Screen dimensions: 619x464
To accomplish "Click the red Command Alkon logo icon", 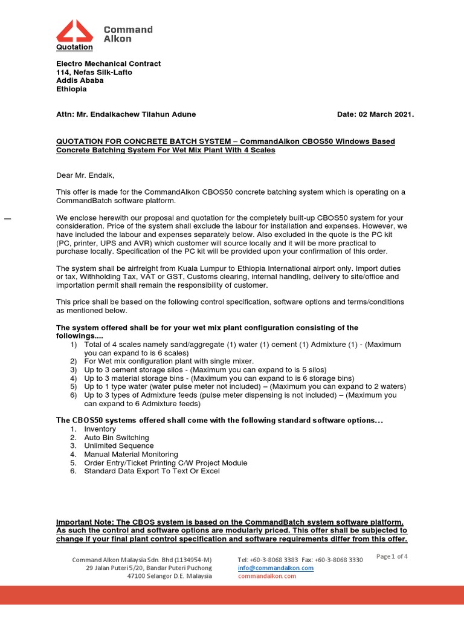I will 74,31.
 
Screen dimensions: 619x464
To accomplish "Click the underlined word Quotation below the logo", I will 74,47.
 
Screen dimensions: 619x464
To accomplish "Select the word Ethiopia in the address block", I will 71,89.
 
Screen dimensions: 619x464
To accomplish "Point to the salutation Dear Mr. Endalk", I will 85,175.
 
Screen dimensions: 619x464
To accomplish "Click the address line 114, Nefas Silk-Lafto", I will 94,72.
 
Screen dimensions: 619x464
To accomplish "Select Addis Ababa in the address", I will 80,80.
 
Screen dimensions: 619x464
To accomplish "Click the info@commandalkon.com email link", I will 275,568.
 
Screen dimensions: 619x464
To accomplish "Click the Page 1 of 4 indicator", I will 392,557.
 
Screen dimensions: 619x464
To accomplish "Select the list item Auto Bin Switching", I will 116,437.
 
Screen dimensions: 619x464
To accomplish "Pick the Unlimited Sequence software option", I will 118,446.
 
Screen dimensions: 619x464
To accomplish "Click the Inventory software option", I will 100,429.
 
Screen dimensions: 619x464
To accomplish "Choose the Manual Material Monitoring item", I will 131,454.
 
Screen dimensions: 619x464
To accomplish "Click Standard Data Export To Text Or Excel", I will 152,471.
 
